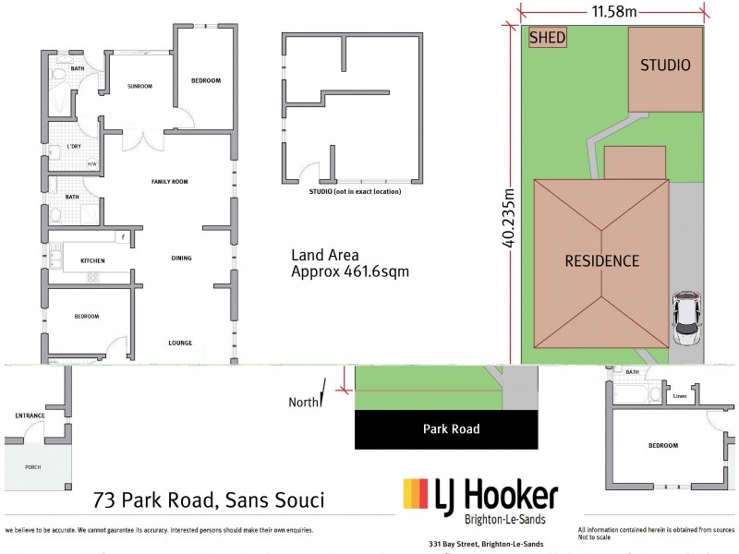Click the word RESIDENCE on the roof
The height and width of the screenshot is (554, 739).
coord(601,261)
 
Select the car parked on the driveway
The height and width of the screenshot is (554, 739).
coord(684,317)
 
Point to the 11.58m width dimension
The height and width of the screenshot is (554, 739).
coord(613,11)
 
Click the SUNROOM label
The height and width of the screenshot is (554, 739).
coord(139,86)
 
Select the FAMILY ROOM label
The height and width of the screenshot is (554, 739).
coord(169,182)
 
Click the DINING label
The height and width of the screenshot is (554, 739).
coord(181,259)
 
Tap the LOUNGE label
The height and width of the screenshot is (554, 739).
coord(180,343)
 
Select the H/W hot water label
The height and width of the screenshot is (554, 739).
coord(91,165)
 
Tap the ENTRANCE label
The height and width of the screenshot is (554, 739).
coord(30,415)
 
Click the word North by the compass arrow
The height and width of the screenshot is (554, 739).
coord(301,402)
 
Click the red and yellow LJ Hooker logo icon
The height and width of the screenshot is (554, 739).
coord(416,497)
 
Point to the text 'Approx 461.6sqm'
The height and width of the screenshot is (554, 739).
coord(349,272)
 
